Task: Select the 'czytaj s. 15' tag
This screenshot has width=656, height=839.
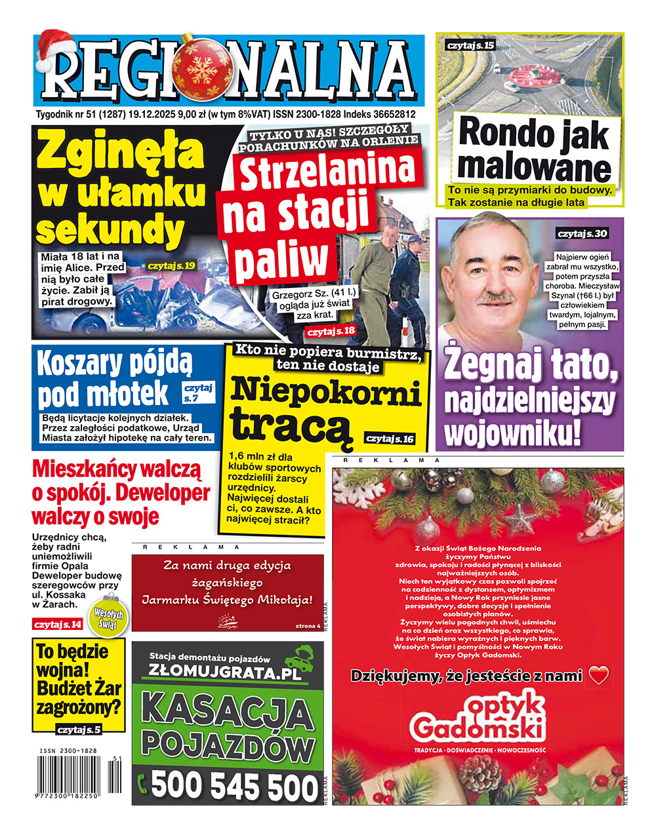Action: tap(470, 45)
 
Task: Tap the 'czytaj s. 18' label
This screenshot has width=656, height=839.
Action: tap(331, 330)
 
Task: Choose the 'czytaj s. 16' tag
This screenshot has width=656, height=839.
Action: tap(390, 438)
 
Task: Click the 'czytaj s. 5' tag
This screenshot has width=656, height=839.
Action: tap(79, 730)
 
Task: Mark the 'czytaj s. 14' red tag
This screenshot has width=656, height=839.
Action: tap(58, 624)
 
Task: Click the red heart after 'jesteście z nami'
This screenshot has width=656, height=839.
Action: tap(598, 675)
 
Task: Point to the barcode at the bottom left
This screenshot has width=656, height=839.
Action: tap(75, 773)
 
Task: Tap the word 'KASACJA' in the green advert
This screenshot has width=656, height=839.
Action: tap(228, 712)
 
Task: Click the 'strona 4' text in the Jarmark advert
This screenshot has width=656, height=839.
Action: tap(308, 626)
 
